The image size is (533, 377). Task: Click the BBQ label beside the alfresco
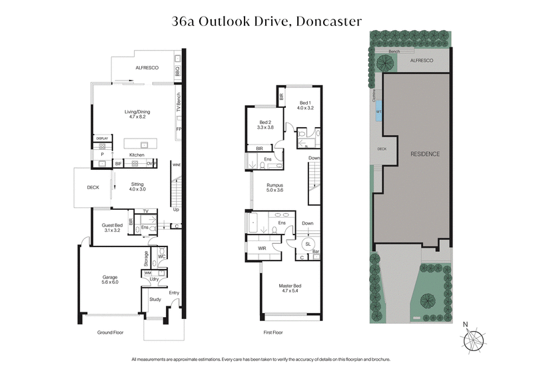pyautogui.click(x=177, y=72)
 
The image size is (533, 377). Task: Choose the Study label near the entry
pyautogui.click(x=155, y=299)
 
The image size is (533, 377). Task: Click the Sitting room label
pyautogui.click(x=137, y=186)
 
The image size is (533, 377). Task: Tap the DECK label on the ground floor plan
pyautogui.click(x=93, y=187)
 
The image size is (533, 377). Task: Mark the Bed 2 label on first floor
pyautogui.click(x=265, y=125)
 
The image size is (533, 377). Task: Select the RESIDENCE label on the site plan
pyautogui.click(x=424, y=154)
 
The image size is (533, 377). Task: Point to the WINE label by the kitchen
pyautogui.click(x=177, y=165)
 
